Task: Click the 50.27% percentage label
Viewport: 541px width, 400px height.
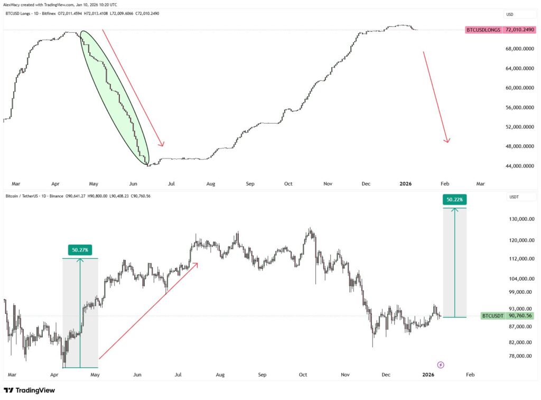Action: coord(80,250)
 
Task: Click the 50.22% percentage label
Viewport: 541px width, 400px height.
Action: coord(454,200)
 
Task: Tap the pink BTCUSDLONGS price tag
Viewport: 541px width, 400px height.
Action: coord(483,30)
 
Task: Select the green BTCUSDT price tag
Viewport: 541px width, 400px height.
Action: coord(492,315)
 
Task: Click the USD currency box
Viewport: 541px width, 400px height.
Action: coord(510,14)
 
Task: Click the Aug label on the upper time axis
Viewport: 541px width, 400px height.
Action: coord(211,184)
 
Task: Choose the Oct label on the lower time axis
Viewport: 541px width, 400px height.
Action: coord(303,375)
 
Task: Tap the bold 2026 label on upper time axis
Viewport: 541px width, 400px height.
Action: coord(406,184)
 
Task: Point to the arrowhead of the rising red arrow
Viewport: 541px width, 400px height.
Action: coord(197,263)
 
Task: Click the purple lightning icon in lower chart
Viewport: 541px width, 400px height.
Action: coord(441,365)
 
